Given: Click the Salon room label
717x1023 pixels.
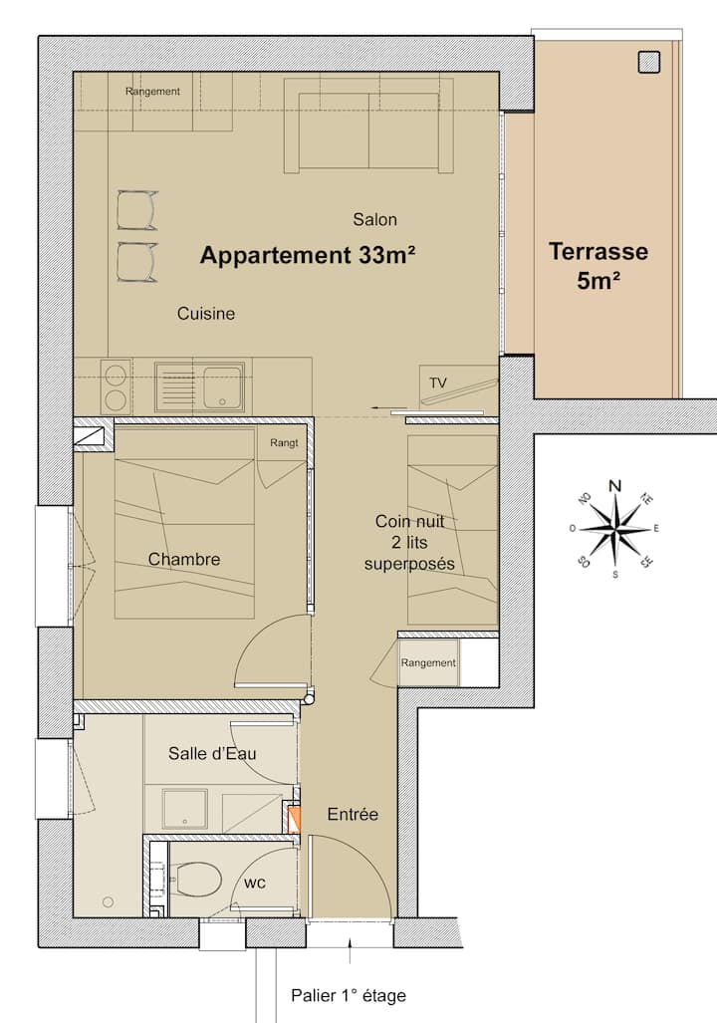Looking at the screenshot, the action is [x=374, y=219].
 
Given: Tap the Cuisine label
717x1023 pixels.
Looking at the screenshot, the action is [x=205, y=313].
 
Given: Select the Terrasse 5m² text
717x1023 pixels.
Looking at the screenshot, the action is [x=598, y=266].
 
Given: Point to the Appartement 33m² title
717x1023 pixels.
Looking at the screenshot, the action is [x=308, y=255].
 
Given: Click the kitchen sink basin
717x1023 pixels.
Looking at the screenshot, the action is [x=222, y=386].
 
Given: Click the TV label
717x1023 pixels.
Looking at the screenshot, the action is [x=438, y=383].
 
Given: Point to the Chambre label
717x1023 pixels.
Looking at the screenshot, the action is [x=184, y=559].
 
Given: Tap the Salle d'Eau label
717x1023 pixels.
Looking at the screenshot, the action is [x=212, y=753].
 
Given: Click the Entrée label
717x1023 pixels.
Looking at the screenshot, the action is [x=353, y=814].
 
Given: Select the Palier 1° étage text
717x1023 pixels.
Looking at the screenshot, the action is [x=349, y=995].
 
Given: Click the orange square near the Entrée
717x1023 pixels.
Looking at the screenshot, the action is [x=293, y=820].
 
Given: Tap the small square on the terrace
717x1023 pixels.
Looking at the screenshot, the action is [x=648, y=62].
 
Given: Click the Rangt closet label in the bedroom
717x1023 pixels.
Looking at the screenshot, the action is [x=284, y=443].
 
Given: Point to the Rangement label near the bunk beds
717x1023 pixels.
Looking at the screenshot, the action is [x=428, y=662].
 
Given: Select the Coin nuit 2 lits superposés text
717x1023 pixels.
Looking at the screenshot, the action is [x=409, y=542].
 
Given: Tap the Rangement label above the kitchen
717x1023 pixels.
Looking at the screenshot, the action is [x=152, y=92].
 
